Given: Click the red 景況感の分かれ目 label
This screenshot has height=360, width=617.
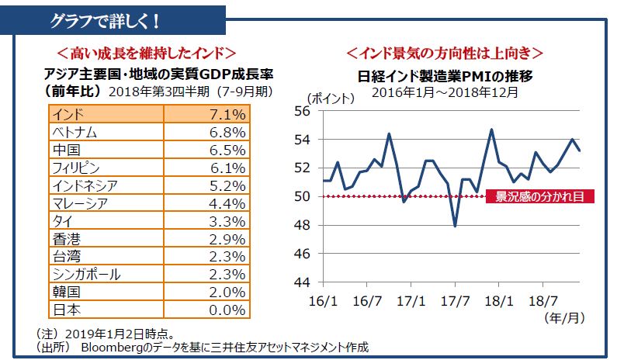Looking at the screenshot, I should coord(540,196).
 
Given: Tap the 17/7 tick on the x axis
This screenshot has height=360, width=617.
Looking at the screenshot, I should coord(456,299).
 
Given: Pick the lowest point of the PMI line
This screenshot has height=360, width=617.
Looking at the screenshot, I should coord(455,227).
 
